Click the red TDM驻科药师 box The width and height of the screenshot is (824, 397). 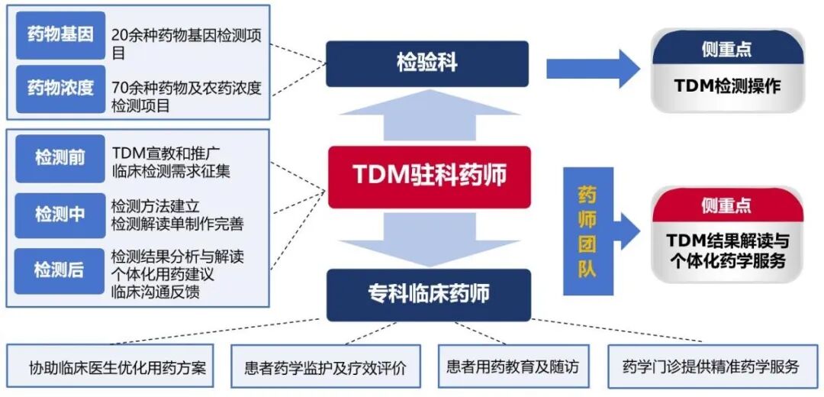click(x=429, y=176)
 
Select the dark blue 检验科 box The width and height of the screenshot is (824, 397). click(x=426, y=63)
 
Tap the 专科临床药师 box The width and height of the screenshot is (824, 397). click(x=428, y=294)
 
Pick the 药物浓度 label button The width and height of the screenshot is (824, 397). click(x=60, y=89)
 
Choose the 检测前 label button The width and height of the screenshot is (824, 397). click(x=60, y=158)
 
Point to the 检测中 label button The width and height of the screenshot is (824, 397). click(x=60, y=215)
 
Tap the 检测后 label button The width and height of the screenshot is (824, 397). click(x=60, y=270)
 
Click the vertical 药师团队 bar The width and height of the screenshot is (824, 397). click(x=587, y=231)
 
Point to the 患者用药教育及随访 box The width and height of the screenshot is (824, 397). click(x=513, y=367)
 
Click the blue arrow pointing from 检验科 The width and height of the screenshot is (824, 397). click(x=592, y=69)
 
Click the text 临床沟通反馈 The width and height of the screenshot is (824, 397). click(x=156, y=291)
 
